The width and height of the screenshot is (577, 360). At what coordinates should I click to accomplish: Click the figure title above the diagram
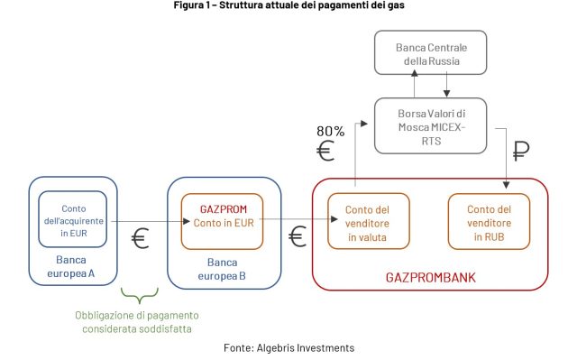coord(288,7)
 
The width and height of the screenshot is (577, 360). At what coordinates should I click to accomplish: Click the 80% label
coord(330,132)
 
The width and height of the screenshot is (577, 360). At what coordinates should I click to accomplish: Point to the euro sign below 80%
coord(326,151)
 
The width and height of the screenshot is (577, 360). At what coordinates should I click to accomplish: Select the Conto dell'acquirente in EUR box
coord(73,220)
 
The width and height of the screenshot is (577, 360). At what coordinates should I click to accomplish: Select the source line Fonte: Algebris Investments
coord(288,347)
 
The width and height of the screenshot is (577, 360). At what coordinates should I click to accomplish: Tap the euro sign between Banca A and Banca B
coord(140,239)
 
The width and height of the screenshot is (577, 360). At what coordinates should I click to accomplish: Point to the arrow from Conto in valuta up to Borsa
coord(354,162)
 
